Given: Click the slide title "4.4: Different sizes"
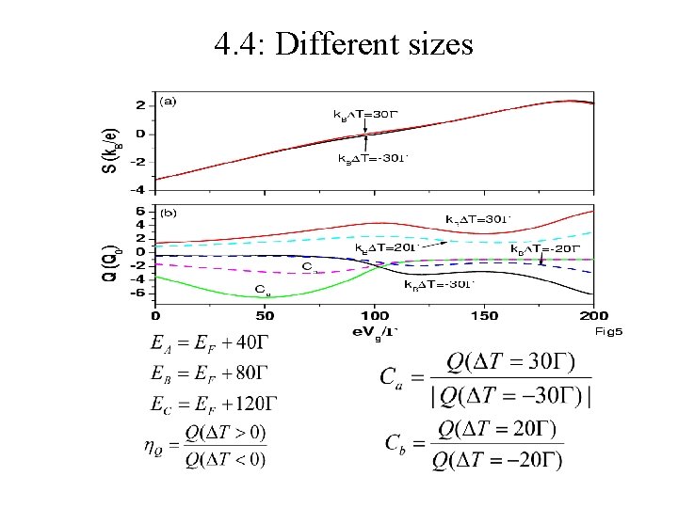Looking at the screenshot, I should (343, 43).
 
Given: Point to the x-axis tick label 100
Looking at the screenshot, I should (374, 317).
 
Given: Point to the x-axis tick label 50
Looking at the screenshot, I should (265, 317).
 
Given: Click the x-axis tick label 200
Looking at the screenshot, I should (593, 317).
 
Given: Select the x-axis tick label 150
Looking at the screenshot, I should (484, 317).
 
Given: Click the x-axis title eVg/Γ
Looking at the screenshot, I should (376, 330).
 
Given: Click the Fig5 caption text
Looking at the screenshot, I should (608, 331).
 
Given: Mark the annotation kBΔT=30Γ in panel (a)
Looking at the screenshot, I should (367, 113).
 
